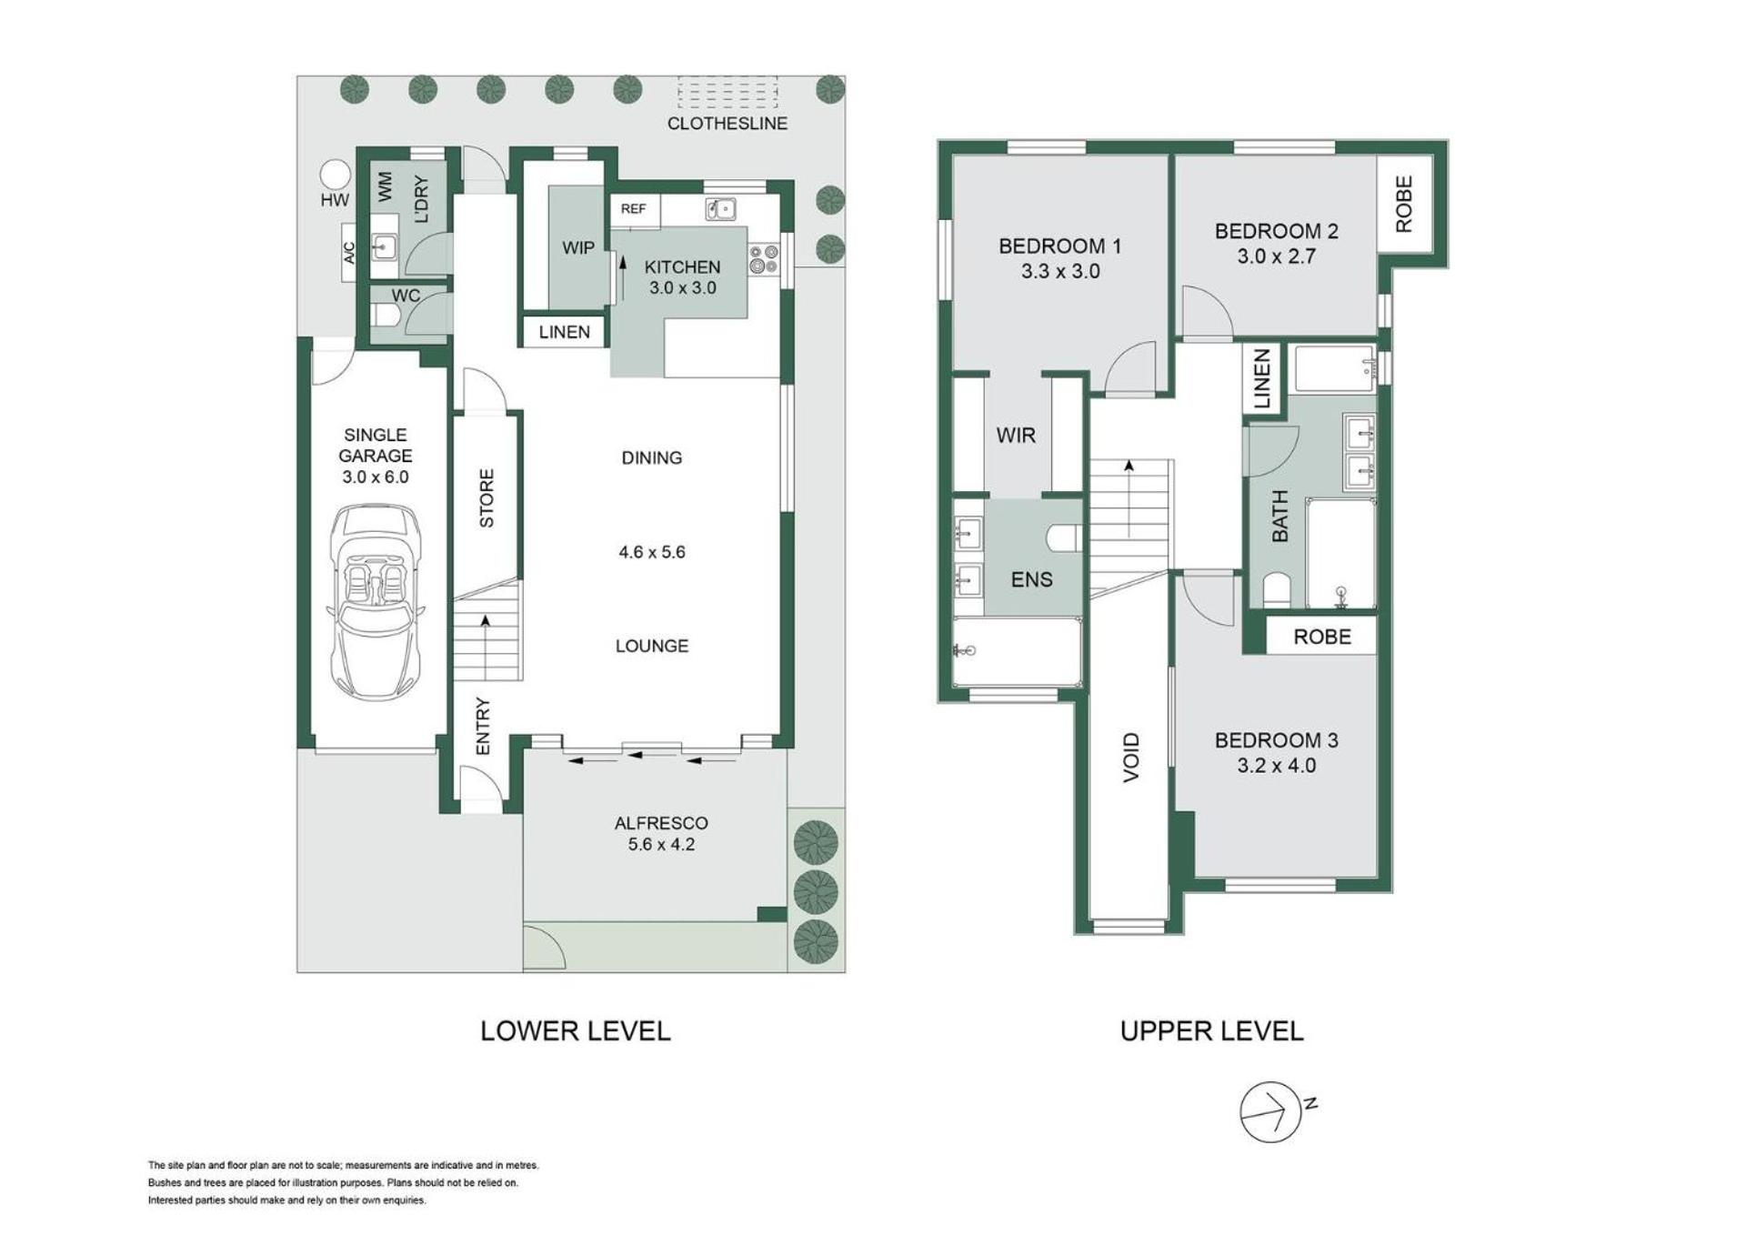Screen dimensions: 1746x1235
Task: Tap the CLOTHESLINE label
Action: (x=727, y=124)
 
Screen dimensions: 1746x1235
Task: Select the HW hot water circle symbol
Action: (x=335, y=174)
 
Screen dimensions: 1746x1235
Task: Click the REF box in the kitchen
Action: (x=634, y=209)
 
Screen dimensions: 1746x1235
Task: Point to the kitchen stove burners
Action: (x=763, y=259)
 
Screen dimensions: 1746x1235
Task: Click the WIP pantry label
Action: (x=578, y=247)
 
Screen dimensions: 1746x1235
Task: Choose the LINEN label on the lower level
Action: (x=564, y=332)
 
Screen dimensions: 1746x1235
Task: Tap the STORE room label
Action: (x=487, y=498)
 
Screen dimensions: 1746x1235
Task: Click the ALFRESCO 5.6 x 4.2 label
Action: (x=661, y=833)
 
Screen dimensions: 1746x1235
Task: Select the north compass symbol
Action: (x=1271, y=1111)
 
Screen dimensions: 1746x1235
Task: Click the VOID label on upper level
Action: (x=1131, y=758)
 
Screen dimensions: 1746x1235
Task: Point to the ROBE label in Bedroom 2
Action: (x=1404, y=205)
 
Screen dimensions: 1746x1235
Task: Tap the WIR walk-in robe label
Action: (x=1016, y=436)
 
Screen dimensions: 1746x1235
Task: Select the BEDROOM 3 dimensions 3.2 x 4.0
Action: (x=1276, y=766)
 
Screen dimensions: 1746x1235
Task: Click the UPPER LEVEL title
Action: (x=1211, y=1031)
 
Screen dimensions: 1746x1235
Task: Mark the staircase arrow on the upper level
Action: (x=1129, y=498)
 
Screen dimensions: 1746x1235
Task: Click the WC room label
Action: (x=406, y=296)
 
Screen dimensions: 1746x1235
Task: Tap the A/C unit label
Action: (x=349, y=253)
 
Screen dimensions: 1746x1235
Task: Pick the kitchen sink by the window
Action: (x=720, y=210)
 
